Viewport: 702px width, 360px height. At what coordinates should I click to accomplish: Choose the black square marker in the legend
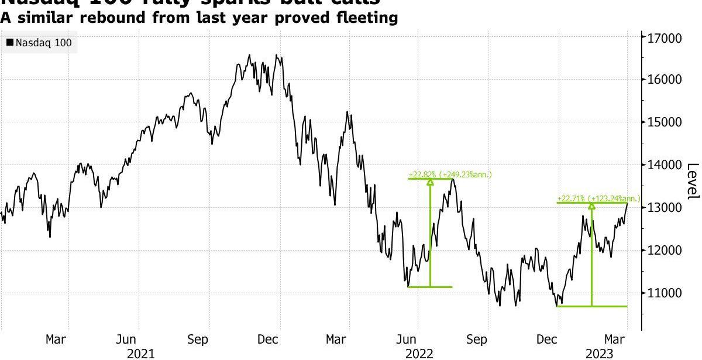10,43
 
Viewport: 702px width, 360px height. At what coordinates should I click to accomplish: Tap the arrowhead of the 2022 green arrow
431,182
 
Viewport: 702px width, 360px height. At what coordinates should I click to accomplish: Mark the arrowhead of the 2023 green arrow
591,206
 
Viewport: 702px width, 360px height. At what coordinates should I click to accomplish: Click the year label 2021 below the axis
141,353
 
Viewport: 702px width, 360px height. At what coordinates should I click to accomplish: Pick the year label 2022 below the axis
419,353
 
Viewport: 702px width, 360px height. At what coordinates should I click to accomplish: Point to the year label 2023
601,353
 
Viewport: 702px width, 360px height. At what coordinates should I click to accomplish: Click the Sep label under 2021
198,340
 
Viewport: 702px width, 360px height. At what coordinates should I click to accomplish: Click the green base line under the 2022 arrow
430,287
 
